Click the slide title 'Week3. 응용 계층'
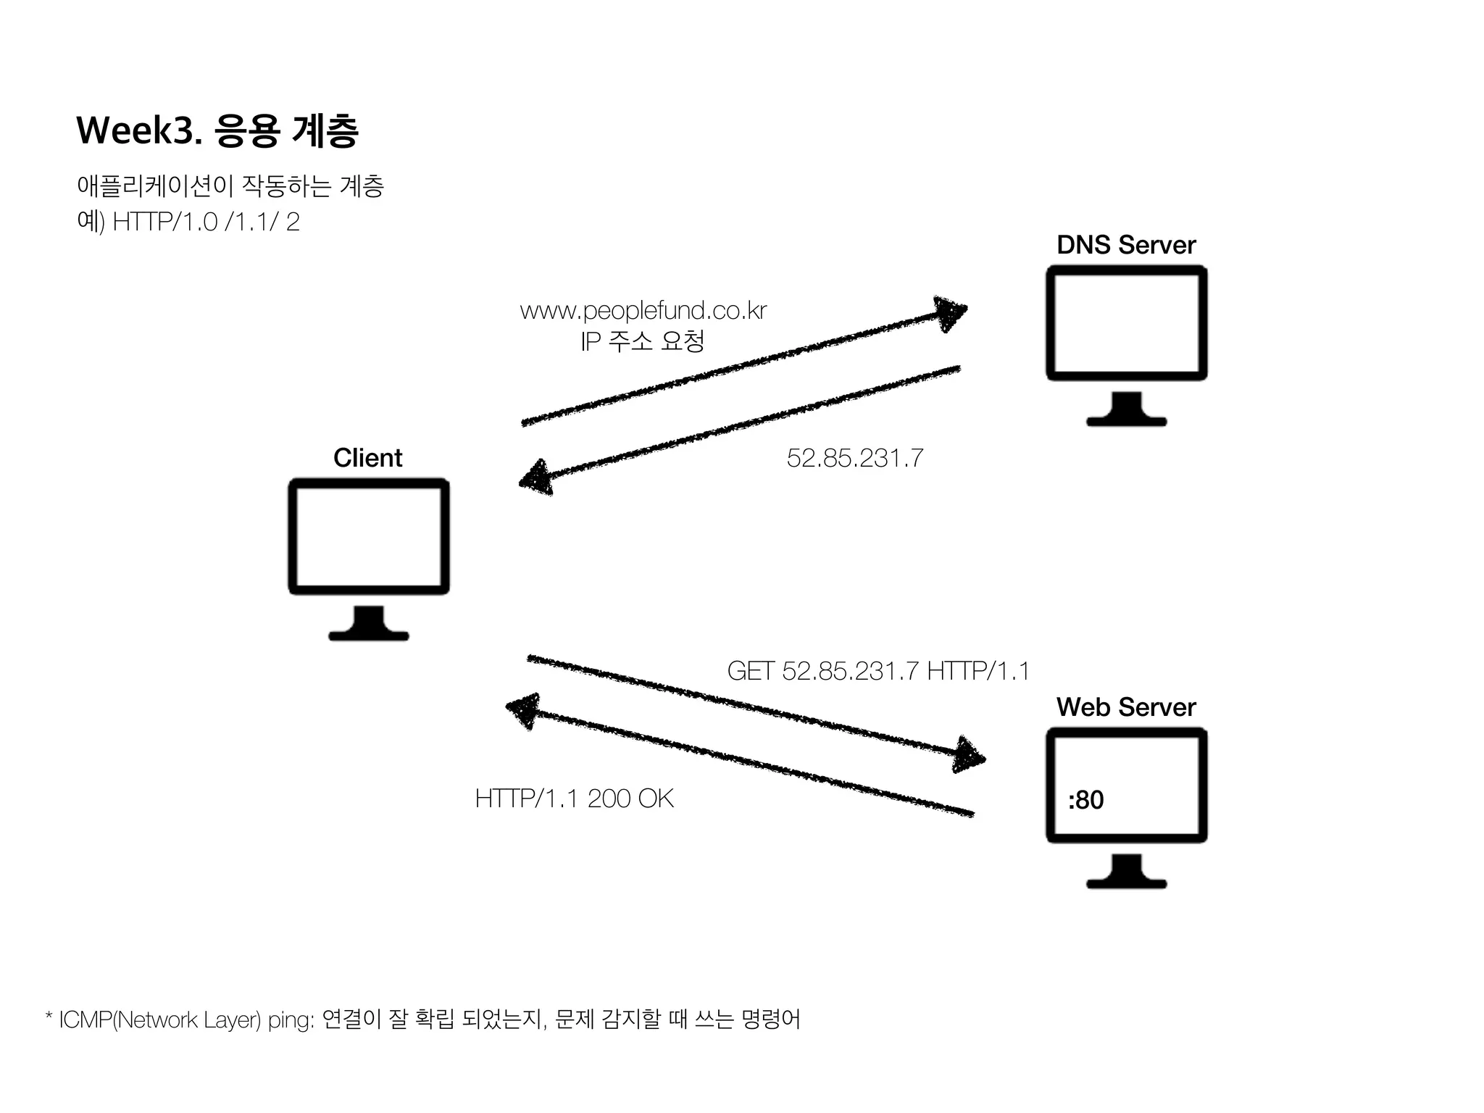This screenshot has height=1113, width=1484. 217,131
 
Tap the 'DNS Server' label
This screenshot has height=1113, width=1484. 1125,245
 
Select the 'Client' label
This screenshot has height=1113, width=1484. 367,458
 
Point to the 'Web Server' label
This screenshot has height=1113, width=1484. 1125,707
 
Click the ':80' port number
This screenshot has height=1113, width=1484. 1085,800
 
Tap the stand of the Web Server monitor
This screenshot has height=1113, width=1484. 1126,873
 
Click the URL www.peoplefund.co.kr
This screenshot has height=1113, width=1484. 643,311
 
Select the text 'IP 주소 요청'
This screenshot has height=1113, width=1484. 642,341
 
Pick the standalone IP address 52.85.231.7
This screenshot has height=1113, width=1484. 854,458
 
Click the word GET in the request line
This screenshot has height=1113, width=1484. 751,671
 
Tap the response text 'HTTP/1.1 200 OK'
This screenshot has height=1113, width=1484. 574,799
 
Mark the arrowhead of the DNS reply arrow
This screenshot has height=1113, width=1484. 535,478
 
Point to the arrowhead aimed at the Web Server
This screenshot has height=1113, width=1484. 970,756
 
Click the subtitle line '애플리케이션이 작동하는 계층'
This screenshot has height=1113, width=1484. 230,187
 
